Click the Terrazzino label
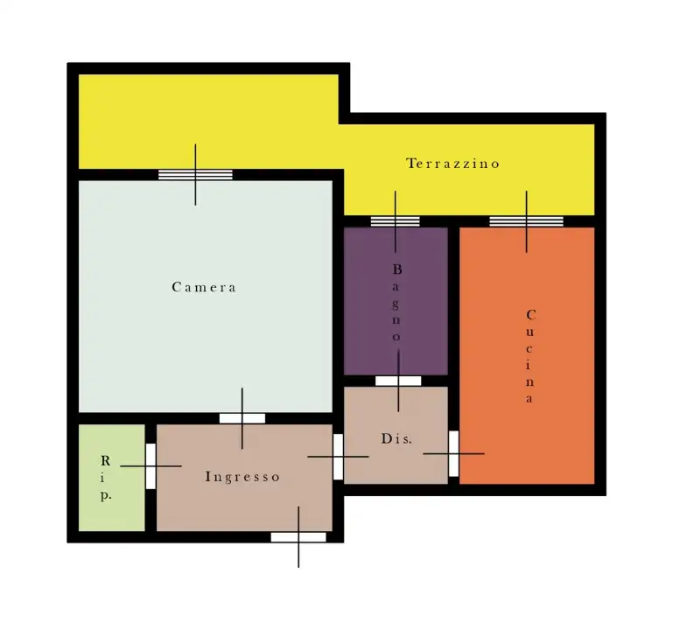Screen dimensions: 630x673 [452, 164]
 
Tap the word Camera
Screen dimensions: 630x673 [204, 287]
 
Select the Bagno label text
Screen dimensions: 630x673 [396, 303]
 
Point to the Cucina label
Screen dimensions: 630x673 [531, 356]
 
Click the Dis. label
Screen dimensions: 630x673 [396, 438]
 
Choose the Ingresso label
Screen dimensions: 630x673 [242, 477]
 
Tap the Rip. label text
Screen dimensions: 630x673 [105, 478]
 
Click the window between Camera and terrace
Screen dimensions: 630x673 [195, 174]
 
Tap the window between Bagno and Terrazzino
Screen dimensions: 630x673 [395, 220]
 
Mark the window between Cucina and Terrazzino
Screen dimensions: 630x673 [526, 220]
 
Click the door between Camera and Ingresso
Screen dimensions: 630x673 [242, 418]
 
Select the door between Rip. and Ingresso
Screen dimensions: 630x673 [151, 466]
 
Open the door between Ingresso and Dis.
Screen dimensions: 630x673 [338, 456]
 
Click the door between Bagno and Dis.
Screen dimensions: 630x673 [398, 381]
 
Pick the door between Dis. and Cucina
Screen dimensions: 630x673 [453, 453]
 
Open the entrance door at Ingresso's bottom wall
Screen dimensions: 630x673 [298, 536]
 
